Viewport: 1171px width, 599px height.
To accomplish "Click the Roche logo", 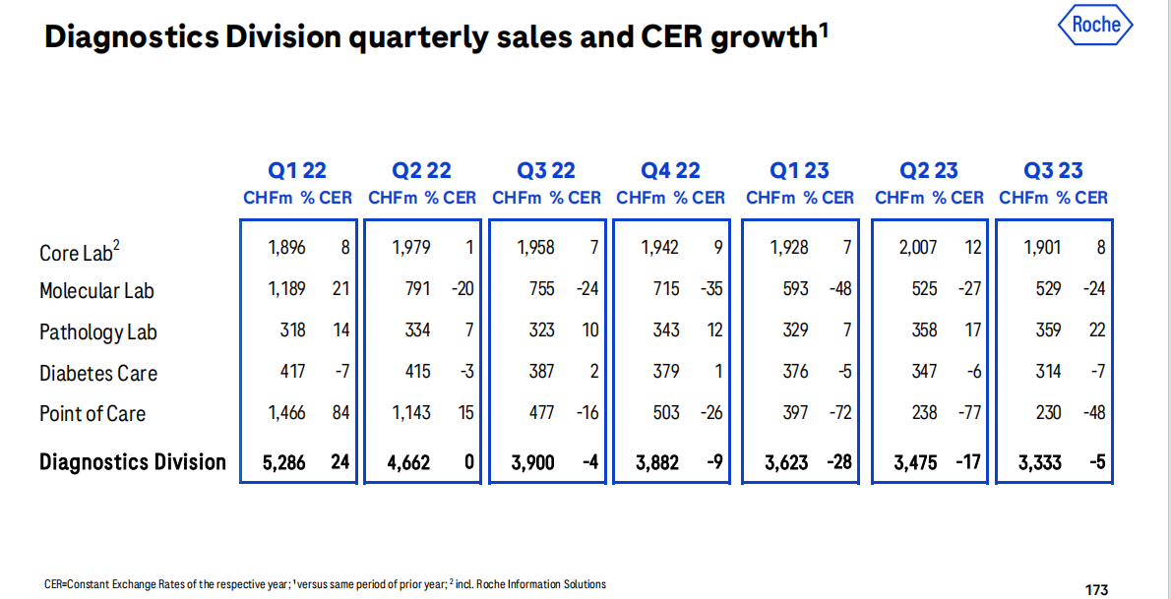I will click(1096, 26).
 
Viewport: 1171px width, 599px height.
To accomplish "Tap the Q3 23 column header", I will click(1053, 171).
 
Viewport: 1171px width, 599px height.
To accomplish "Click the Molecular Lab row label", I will click(96, 291).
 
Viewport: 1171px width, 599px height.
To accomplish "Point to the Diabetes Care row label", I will click(98, 374).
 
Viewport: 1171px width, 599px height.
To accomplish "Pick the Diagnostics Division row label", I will click(133, 462).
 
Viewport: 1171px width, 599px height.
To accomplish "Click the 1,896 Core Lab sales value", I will click(286, 248).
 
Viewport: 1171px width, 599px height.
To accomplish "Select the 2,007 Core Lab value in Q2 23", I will click(918, 248).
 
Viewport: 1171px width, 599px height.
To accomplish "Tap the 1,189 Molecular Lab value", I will click(286, 289).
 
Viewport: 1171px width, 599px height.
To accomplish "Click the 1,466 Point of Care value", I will click(286, 413).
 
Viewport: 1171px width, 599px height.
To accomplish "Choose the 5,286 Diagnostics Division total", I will click(284, 462).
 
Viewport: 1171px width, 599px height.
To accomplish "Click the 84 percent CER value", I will click(340, 413).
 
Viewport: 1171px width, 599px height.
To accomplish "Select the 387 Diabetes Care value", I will click(541, 372).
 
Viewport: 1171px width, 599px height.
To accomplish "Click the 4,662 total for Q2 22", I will click(408, 462).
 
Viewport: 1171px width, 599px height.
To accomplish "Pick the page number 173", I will click(1096, 590).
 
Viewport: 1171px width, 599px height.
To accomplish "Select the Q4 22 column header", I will click(670, 171).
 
